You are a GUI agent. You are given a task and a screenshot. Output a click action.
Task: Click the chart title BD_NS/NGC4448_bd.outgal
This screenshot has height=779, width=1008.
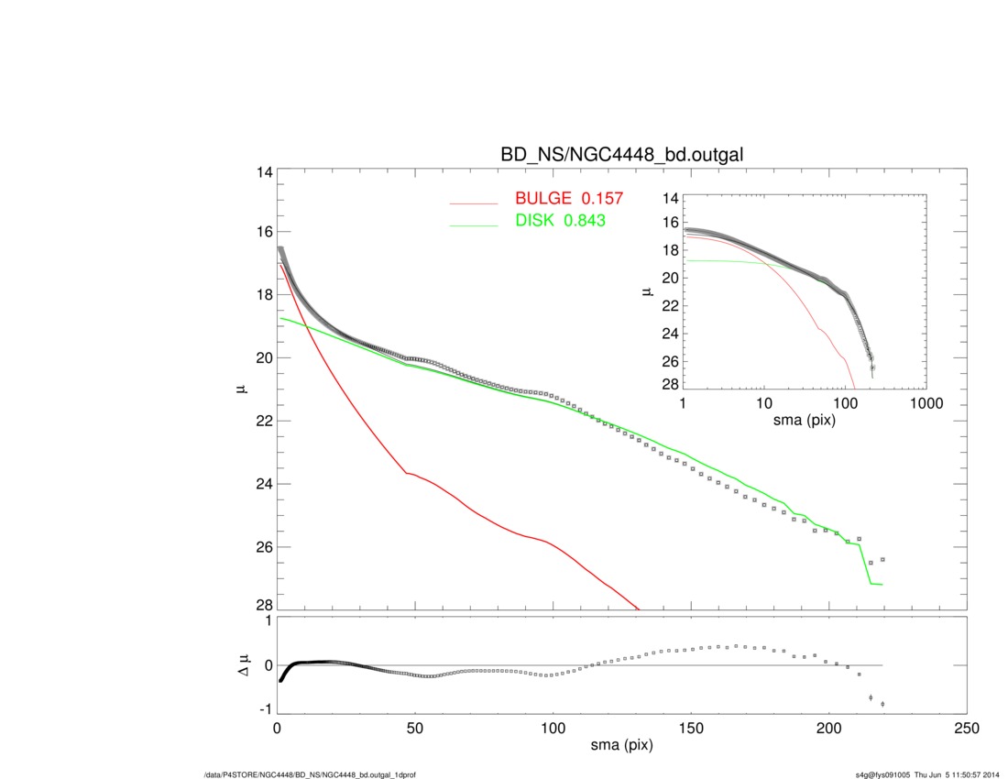(621, 156)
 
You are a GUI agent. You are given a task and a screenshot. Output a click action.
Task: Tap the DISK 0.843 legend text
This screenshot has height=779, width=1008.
(560, 221)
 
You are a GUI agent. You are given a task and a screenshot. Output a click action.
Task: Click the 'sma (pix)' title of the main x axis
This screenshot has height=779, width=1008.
(621, 747)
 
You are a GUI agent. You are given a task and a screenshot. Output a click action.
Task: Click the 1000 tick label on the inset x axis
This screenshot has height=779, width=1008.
(926, 403)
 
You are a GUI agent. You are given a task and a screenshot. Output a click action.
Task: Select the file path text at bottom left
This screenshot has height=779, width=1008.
(310, 775)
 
